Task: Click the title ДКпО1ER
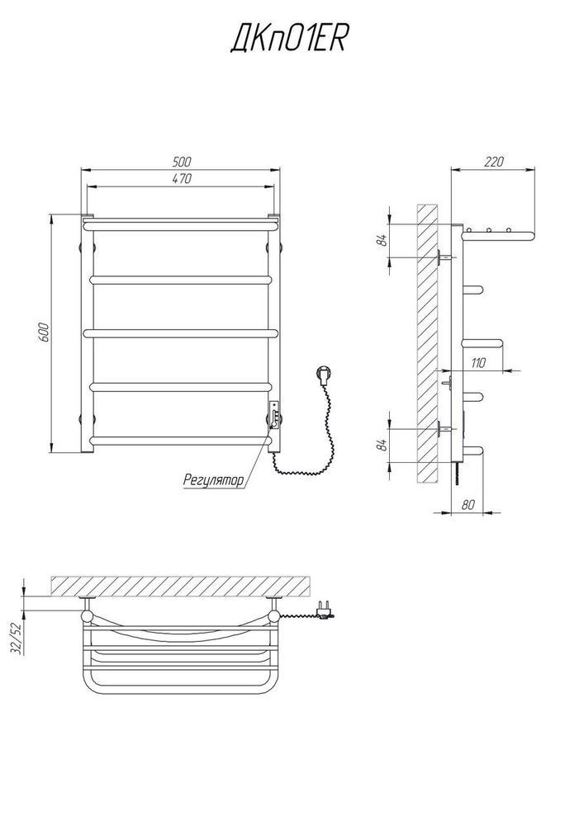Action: (287, 40)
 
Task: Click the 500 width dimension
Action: (182, 162)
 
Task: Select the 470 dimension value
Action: (182, 178)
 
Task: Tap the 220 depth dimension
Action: (493, 162)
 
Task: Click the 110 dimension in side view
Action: (478, 362)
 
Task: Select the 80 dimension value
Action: (468, 505)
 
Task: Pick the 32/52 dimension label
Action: (17, 639)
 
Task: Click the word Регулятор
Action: (214, 480)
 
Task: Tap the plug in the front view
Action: (322, 375)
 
